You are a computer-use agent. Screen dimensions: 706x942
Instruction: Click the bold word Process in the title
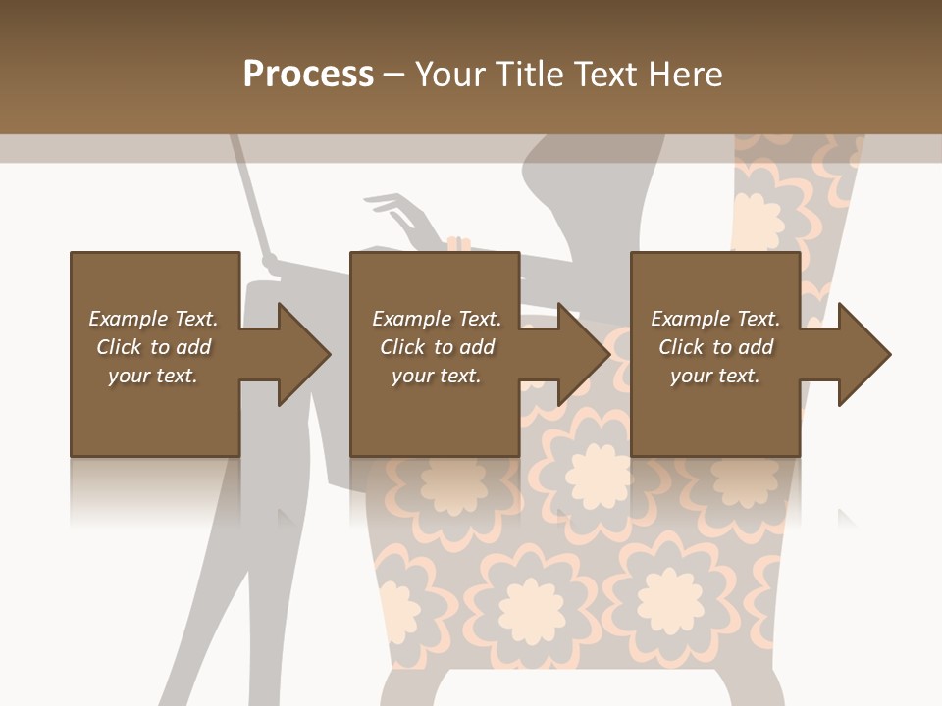coord(308,75)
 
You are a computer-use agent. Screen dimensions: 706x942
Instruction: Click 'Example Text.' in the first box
coord(153,319)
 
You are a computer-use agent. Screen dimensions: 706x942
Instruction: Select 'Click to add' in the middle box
coord(437,347)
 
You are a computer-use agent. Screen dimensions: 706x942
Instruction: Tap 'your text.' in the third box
coord(715,376)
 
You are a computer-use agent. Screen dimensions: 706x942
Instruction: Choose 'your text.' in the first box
coord(153,376)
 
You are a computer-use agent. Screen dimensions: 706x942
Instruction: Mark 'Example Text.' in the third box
coord(715,319)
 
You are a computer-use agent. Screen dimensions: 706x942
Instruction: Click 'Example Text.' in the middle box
coord(437,319)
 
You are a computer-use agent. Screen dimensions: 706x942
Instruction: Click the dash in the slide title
coord(393,75)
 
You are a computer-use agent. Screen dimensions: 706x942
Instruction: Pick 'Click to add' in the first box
coord(153,347)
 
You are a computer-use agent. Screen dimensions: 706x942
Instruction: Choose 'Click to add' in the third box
coord(715,347)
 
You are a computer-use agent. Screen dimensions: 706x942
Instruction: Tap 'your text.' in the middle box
coord(437,376)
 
